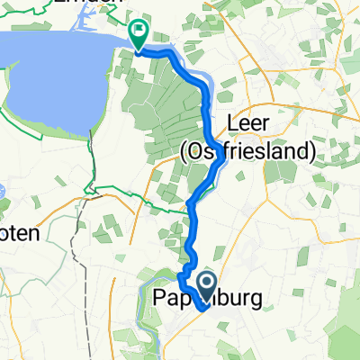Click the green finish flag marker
click(139, 33)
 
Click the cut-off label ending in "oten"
click(19, 232)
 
